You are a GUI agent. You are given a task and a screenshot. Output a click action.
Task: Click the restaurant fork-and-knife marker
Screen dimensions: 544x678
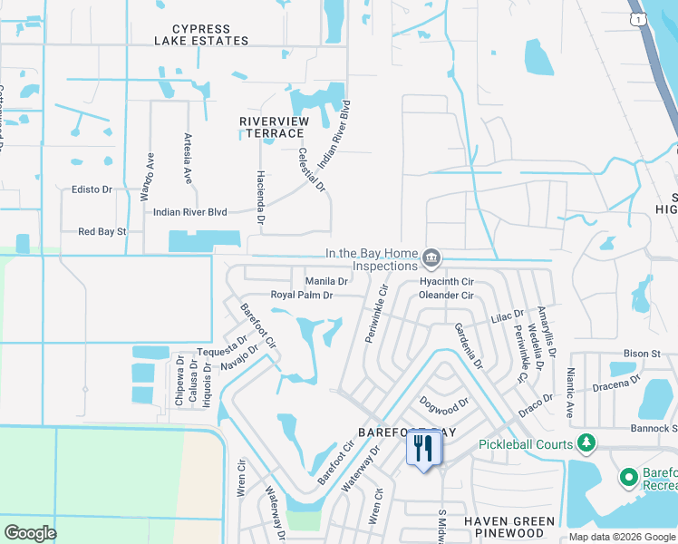tap(423, 449)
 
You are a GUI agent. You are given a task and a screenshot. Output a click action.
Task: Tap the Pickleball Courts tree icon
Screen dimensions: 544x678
tap(587, 443)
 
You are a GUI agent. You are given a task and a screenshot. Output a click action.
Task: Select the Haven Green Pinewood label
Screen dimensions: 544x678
tap(508, 528)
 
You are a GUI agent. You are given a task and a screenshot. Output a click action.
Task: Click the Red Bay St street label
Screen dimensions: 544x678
tap(102, 232)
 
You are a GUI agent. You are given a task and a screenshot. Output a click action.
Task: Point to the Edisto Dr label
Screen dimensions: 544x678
tap(91, 190)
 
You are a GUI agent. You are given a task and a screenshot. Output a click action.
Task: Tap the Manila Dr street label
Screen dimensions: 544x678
tap(326, 282)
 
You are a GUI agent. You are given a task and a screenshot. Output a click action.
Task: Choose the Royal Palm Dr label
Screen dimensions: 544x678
tap(302, 296)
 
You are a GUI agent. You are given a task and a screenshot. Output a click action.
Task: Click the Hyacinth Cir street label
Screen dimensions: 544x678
tap(447, 282)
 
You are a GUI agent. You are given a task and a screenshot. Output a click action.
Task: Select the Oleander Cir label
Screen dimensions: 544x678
tap(447, 296)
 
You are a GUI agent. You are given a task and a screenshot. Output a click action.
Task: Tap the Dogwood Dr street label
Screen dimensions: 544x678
tap(444, 402)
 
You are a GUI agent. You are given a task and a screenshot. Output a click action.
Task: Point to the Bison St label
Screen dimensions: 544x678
tap(642, 353)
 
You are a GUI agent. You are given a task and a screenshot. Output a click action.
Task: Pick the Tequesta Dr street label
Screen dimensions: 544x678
tap(222, 347)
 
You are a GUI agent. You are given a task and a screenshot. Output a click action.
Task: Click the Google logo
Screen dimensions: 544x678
tap(30, 533)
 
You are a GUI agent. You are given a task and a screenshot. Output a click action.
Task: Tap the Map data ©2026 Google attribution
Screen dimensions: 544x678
tap(622, 538)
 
